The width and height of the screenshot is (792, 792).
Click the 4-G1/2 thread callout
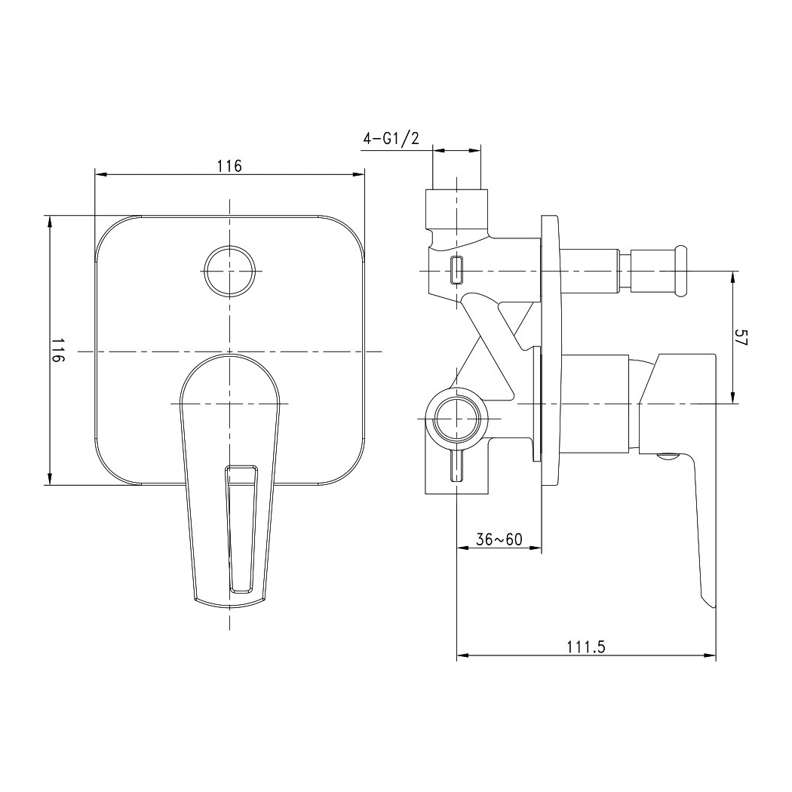tap(391, 138)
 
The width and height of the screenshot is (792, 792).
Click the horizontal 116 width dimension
tap(230, 166)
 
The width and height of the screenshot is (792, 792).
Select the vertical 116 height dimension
tap(58, 350)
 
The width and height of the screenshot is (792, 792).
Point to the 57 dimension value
tap(741, 337)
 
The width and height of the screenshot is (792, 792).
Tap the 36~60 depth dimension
tap(499, 539)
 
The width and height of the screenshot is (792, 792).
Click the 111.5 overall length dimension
tap(586, 647)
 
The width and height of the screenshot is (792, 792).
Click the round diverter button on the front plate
tap(229, 271)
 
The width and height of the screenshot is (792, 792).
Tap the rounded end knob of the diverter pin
tap(681, 271)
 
